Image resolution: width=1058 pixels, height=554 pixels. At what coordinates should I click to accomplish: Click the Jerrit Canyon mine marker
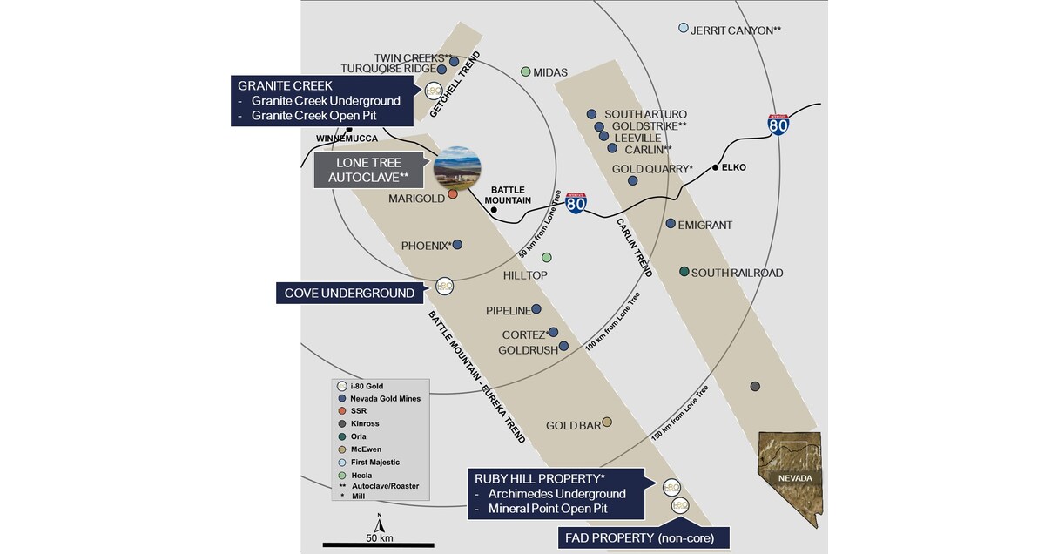[684, 28]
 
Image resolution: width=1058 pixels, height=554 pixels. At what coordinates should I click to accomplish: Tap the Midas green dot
[525, 71]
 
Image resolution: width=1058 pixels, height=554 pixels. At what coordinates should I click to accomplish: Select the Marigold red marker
[453, 194]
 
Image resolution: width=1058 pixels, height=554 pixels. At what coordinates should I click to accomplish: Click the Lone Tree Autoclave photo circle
[457, 169]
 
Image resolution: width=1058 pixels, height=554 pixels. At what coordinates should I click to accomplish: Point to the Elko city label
[733, 167]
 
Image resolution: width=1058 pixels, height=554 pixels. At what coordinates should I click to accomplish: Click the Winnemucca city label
[346, 138]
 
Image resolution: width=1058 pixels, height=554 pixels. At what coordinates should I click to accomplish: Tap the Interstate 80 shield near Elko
[778, 125]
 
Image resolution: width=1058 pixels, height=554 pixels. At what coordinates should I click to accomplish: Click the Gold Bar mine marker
[607, 422]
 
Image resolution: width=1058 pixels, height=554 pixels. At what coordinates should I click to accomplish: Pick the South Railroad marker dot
[684, 272]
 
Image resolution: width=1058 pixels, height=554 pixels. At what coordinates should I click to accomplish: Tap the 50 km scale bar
[379, 544]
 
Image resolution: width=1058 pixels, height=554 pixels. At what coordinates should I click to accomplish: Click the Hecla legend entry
[361, 476]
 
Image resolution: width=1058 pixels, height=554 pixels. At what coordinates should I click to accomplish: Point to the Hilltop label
[525, 275]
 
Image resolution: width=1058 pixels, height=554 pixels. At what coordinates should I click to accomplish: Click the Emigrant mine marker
[671, 224]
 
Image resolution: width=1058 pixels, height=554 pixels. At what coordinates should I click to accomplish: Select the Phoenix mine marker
[457, 245]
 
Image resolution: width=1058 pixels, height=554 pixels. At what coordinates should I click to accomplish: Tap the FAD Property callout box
[644, 538]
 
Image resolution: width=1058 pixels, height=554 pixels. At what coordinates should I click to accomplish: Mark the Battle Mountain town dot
[494, 209]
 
